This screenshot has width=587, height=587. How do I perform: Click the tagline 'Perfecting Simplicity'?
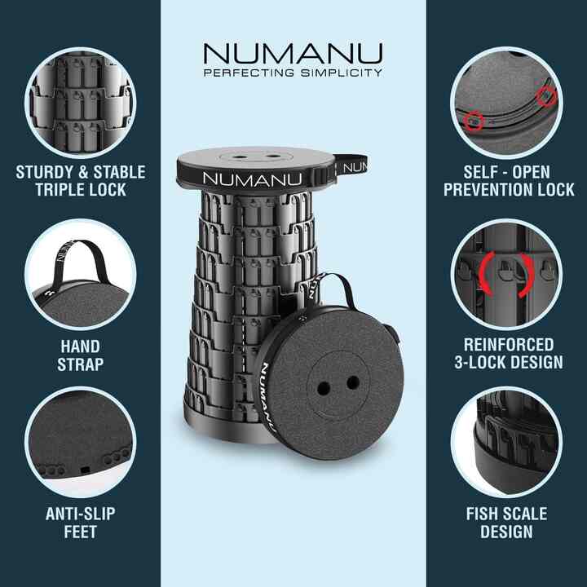click(293, 73)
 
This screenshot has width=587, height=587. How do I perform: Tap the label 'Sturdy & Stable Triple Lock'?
click(80, 181)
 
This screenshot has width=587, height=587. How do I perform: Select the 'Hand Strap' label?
click(80, 355)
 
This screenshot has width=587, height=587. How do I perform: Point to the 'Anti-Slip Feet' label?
click(80, 523)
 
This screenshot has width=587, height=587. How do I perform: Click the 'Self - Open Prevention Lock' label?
click(506, 181)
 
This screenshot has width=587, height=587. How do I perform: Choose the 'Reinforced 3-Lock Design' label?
click(506, 353)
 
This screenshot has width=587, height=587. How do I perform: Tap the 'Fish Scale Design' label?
click(506, 523)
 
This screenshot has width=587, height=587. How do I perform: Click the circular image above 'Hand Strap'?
click(80, 274)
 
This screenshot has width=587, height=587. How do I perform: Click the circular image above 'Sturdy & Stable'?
click(80, 102)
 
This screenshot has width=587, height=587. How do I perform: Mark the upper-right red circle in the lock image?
click(546, 96)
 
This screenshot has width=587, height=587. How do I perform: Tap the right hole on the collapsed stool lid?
click(352, 382)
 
